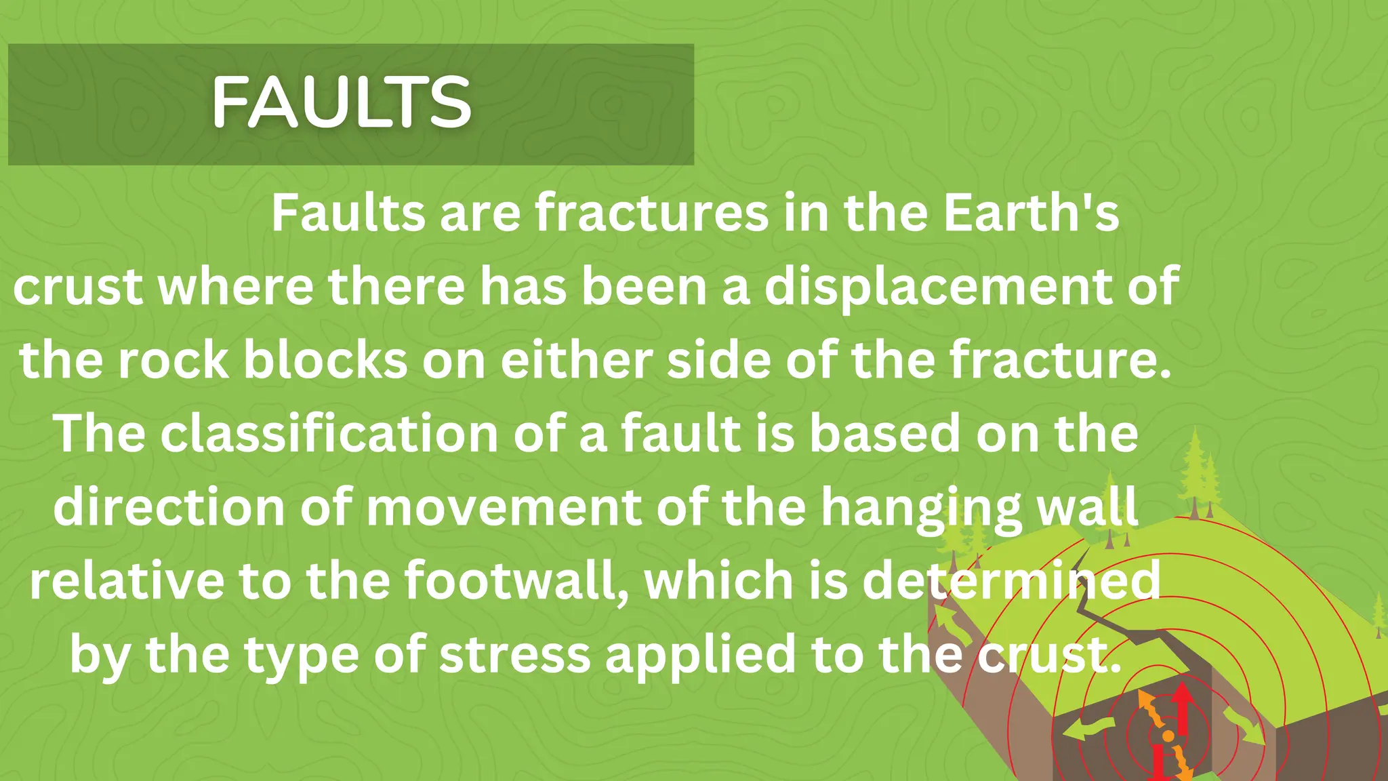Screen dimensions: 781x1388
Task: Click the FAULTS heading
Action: (341, 102)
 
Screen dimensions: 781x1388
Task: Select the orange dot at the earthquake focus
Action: (1168, 736)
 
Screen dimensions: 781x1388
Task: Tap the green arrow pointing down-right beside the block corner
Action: (1244, 725)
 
